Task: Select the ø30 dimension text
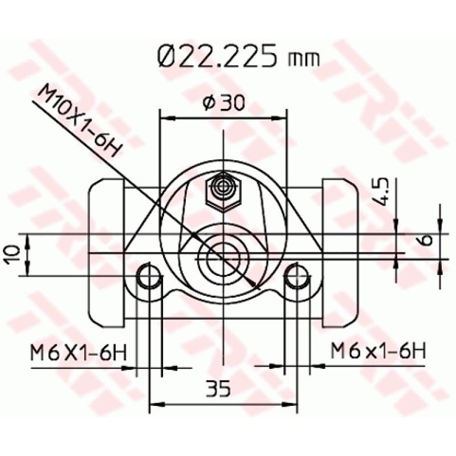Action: click(223, 103)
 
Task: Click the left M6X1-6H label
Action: click(78, 352)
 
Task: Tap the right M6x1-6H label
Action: click(378, 351)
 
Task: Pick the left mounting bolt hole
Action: click(149, 277)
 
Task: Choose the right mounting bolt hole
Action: click(296, 277)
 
